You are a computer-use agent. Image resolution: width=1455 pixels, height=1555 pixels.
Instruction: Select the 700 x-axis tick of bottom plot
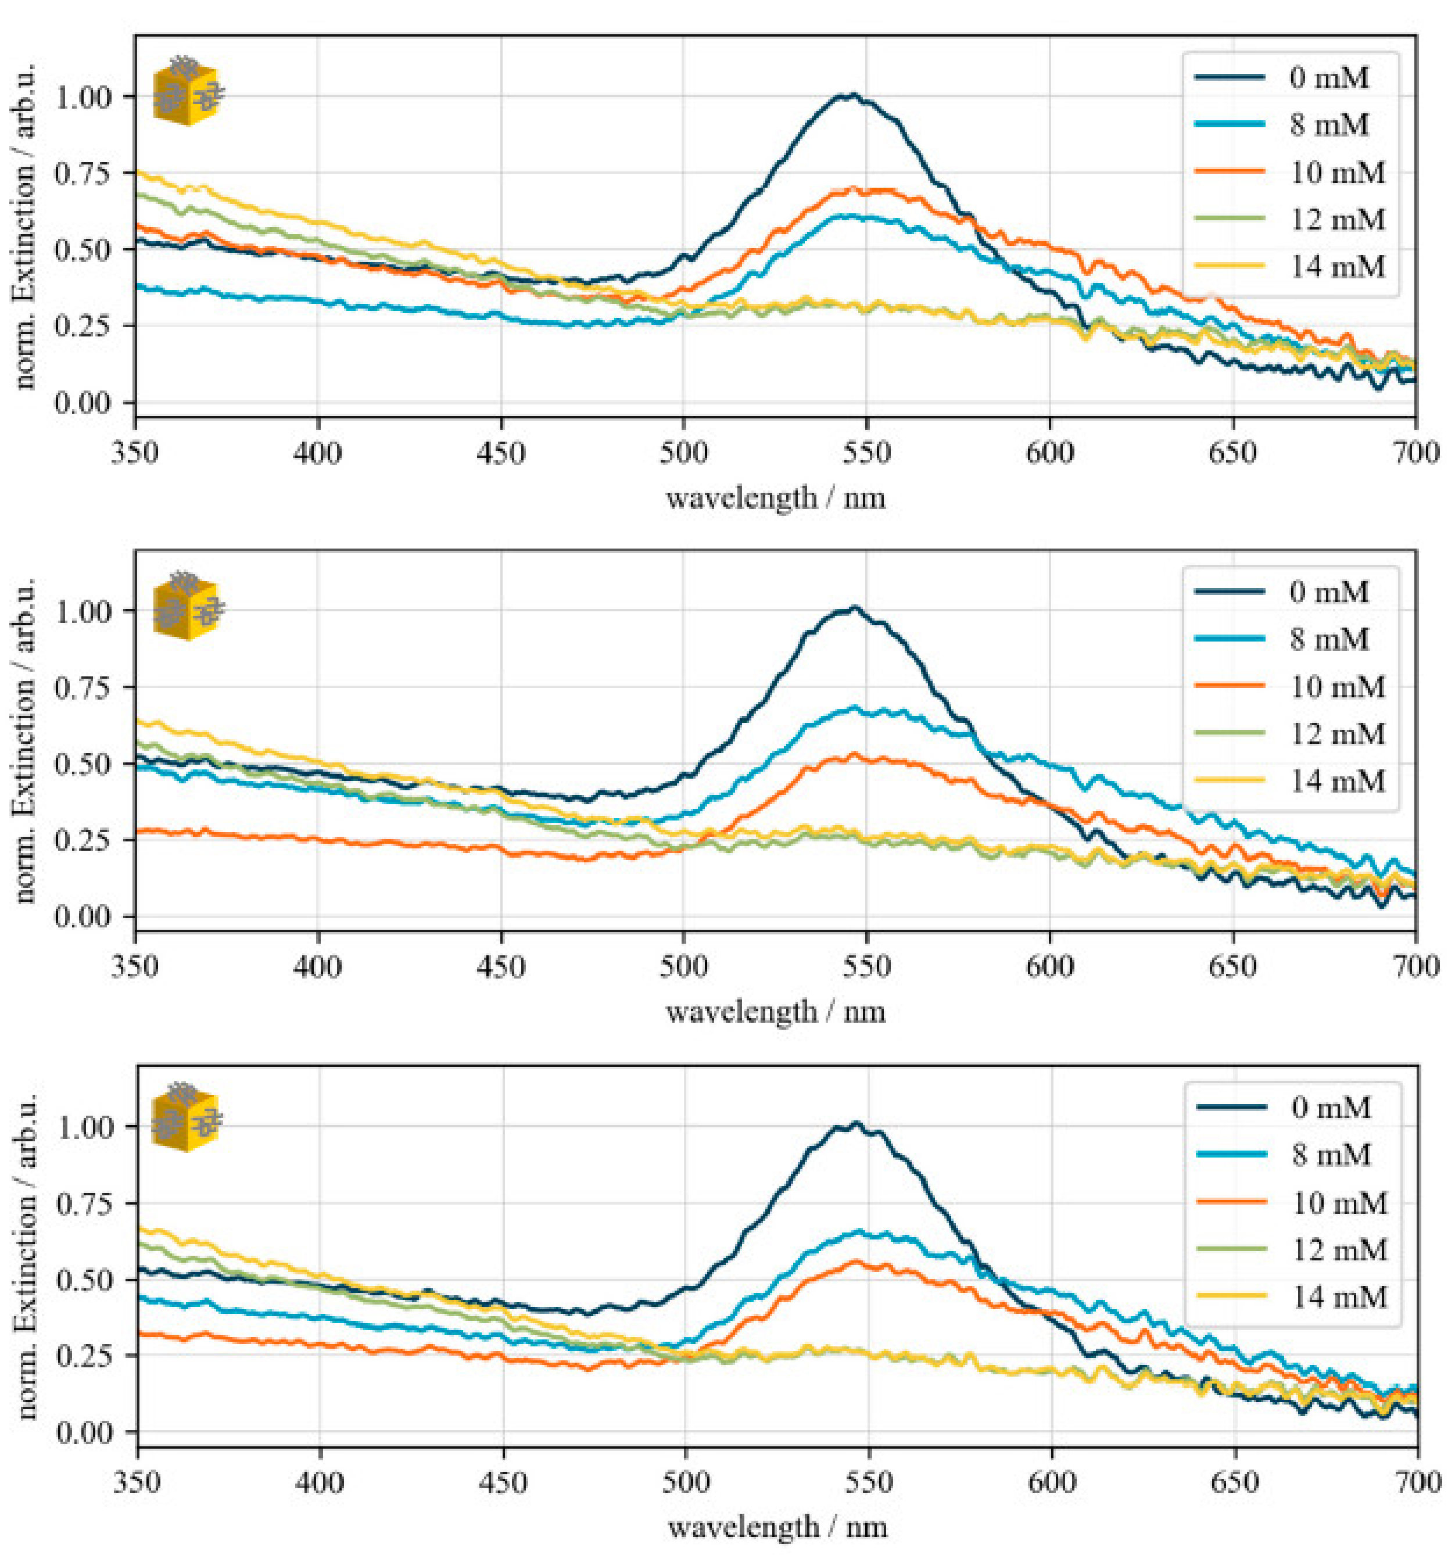click(1417, 1482)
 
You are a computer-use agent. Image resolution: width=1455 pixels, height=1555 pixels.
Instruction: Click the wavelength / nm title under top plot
click(775, 498)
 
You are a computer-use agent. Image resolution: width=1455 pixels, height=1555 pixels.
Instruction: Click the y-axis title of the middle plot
click(25, 740)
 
